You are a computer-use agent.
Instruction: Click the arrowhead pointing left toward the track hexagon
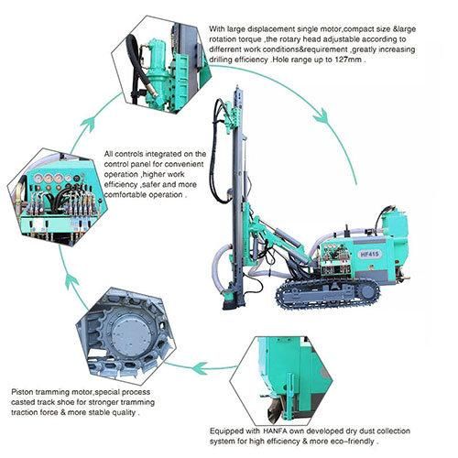[x=200, y=367]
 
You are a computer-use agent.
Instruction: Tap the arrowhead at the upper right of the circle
[x=322, y=116]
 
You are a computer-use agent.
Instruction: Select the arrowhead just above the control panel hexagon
[x=88, y=124]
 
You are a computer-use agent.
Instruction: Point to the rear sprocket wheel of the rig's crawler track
[x=368, y=291]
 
